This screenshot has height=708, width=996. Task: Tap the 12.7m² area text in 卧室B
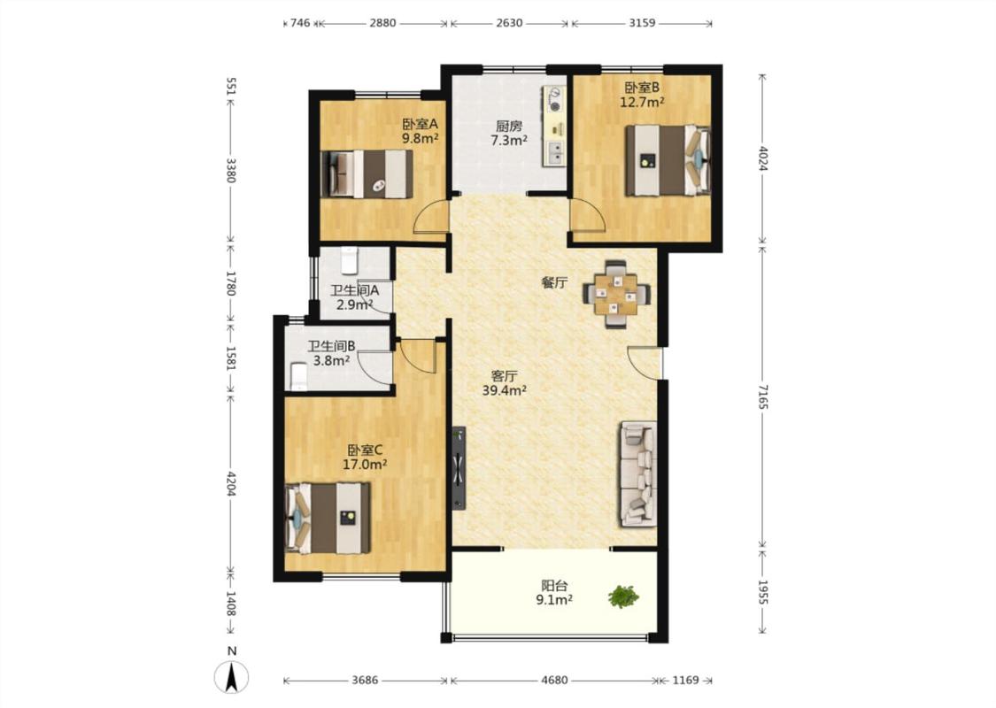pyautogui.click(x=642, y=102)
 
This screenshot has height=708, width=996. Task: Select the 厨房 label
pyautogui.click(x=509, y=126)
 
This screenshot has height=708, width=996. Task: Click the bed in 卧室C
pyautogui.click(x=328, y=518)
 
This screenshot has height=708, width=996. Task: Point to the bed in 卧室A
pyautogui.click(x=367, y=174)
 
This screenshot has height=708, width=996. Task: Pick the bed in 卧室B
pyautogui.click(x=668, y=160)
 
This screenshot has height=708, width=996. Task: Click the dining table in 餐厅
pyautogui.click(x=616, y=294)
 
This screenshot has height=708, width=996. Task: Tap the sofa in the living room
pyautogui.click(x=637, y=473)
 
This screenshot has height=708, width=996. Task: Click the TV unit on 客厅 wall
pyautogui.click(x=459, y=468)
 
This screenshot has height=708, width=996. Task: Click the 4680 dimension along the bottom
pyautogui.click(x=554, y=680)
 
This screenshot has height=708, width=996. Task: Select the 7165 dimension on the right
pyautogui.click(x=763, y=396)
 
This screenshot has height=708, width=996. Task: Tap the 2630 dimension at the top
pyautogui.click(x=509, y=23)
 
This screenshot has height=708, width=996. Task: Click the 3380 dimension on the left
pyautogui.click(x=230, y=170)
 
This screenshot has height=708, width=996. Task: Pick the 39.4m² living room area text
pyautogui.click(x=505, y=390)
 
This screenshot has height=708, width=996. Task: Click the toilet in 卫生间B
pyautogui.click(x=298, y=376)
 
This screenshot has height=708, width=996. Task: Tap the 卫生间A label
pyautogui.click(x=354, y=290)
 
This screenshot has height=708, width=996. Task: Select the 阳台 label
pyautogui.click(x=554, y=585)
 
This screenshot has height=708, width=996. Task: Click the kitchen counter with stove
pyautogui.click(x=554, y=127)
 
